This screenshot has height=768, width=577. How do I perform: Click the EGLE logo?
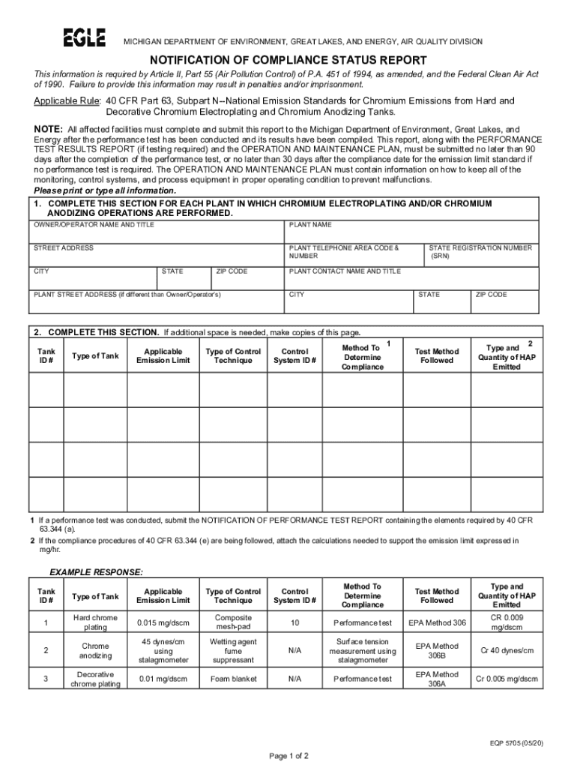84,38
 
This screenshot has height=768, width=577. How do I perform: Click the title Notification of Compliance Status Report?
288,60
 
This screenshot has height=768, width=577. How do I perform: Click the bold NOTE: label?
49,129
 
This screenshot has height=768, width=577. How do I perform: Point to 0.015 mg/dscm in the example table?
163,622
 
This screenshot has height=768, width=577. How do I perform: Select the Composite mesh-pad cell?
233,622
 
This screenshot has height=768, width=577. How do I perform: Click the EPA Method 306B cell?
437,650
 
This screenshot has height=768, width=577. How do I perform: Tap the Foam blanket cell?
233,679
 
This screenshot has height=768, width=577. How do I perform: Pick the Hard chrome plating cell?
95,622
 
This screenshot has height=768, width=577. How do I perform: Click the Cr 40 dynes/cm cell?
507,650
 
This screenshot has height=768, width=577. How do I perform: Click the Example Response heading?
96,572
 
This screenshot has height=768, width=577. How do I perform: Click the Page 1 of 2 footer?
288,755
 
